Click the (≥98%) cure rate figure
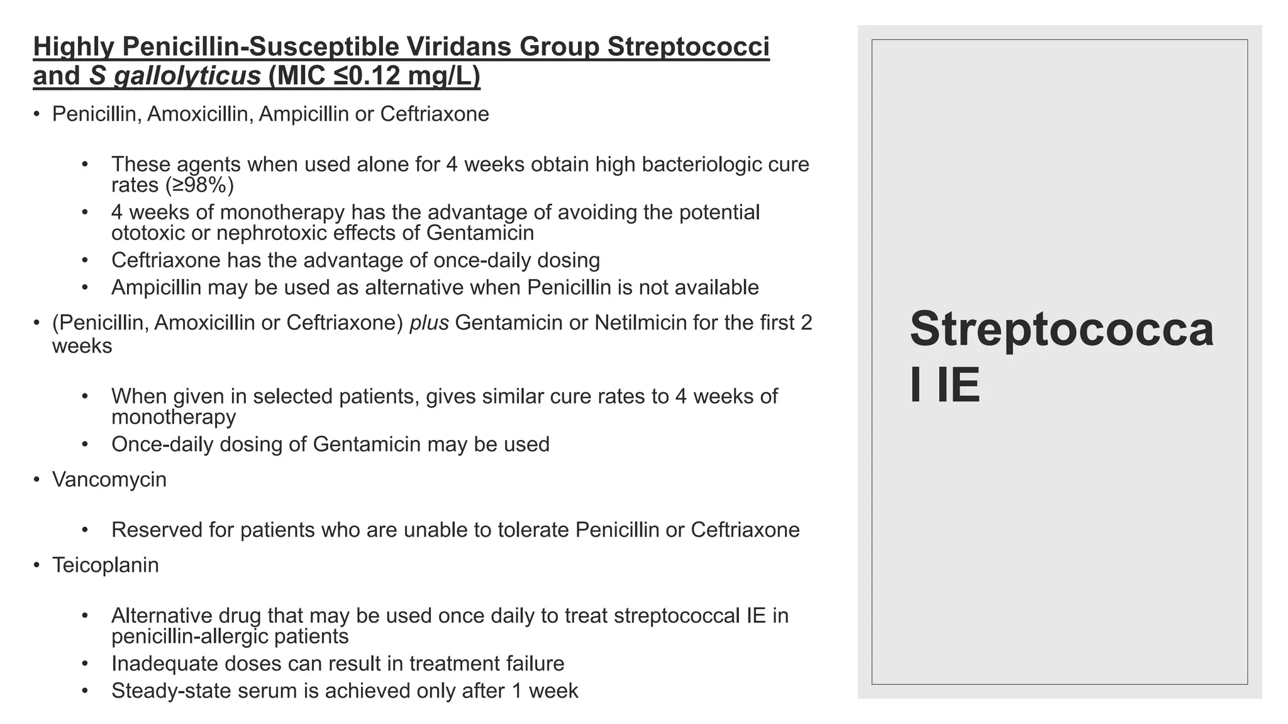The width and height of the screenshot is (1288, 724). tap(199, 185)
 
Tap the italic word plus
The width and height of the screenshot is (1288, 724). tap(429, 322)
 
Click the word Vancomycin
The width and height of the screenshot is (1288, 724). tap(109, 480)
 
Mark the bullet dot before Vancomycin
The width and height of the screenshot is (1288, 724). tap(36, 480)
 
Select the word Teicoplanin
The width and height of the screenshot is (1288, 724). tap(106, 565)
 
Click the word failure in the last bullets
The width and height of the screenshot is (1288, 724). tap(532, 664)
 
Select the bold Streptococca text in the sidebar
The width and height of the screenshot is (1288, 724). tap(1062, 330)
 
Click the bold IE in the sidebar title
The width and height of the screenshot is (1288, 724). tap(958, 385)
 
